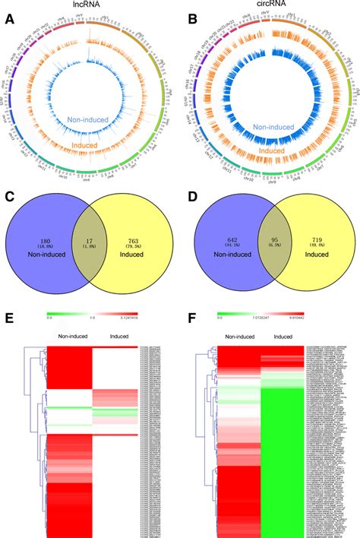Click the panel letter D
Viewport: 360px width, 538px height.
[x=193, y=201]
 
